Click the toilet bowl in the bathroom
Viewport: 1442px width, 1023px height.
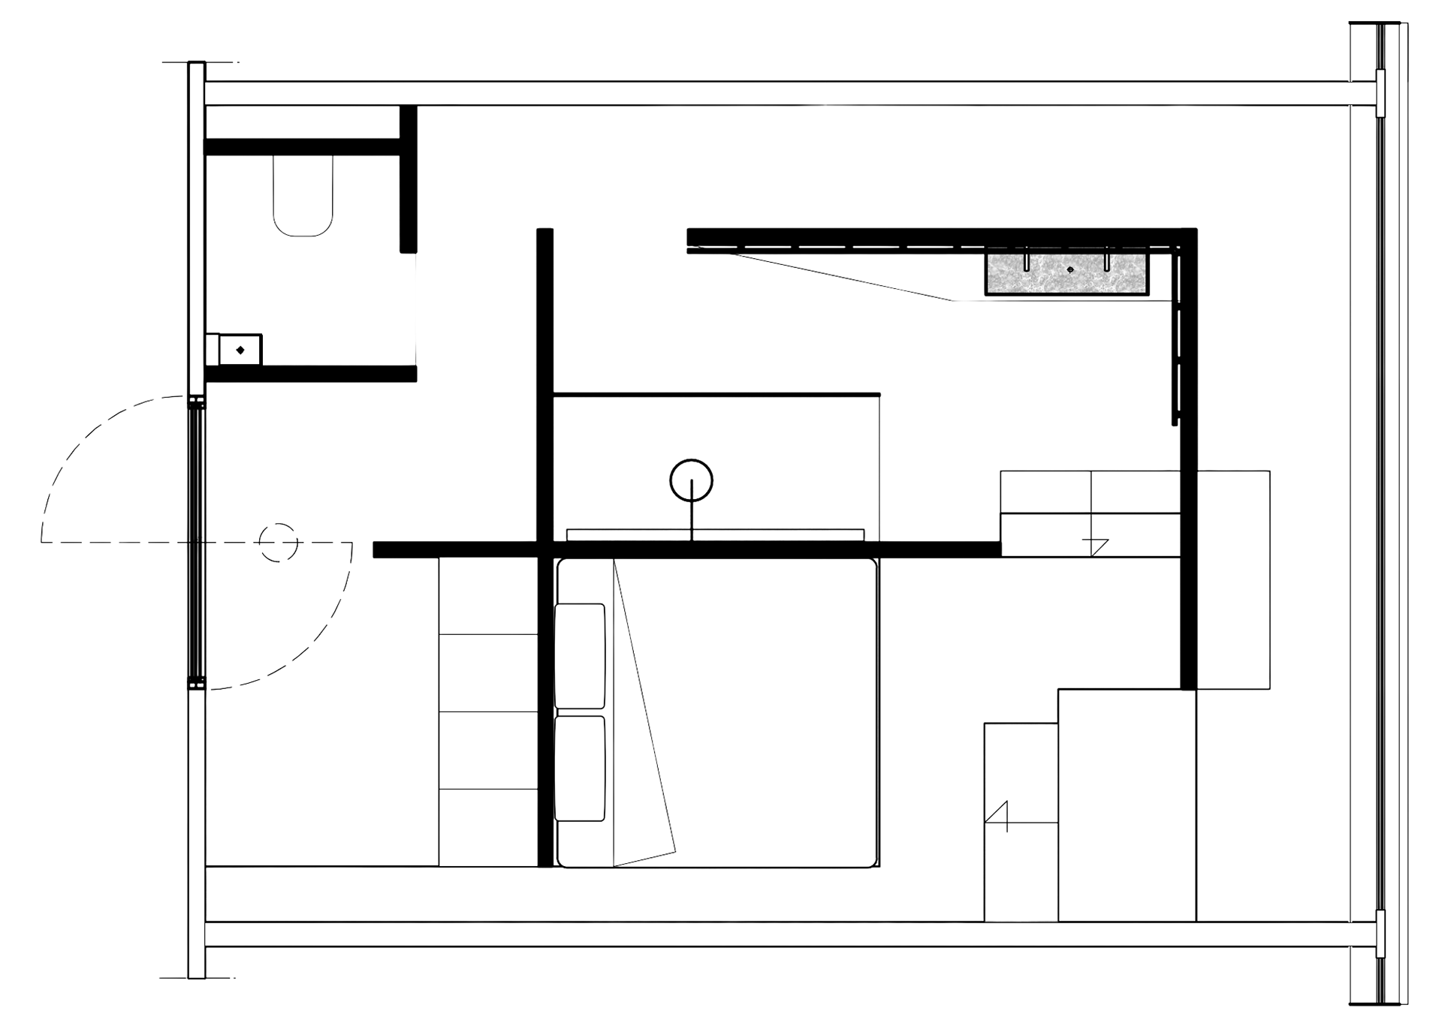point(303,197)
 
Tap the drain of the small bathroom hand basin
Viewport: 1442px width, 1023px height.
point(240,350)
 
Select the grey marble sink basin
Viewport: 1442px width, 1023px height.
point(1067,275)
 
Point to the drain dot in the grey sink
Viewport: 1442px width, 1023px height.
point(1072,269)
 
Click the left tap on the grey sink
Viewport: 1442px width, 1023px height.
point(1026,263)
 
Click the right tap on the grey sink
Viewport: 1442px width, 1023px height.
point(1107,263)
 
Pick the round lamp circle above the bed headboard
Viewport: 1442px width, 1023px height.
point(691,479)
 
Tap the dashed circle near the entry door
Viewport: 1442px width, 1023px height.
point(279,542)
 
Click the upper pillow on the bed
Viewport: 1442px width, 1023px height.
point(580,655)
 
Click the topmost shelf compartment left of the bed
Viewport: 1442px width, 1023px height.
point(488,594)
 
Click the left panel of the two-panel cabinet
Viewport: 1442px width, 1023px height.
point(1045,492)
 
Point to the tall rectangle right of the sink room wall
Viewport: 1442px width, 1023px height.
point(1233,578)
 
